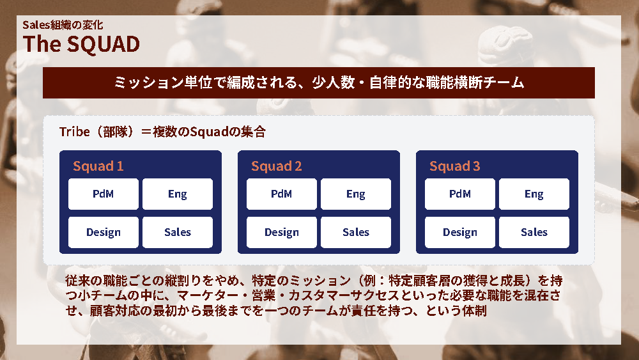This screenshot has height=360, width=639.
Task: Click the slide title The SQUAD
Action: (x=81, y=44)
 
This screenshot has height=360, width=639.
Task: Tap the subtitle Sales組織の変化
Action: (x=63, y=25)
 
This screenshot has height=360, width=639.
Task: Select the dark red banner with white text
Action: (x=319, y=82)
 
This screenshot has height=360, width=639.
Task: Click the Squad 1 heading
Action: (x=98, y=166)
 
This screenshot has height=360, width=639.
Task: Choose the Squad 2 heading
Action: (x=276, y=166)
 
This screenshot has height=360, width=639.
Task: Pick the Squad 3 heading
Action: (x=455, y=166)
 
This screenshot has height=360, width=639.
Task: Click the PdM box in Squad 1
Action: (x=104, y=194)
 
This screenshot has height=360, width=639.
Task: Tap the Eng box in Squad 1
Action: (x=178, y=194)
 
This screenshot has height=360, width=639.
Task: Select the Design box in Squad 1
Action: (x=104, y=232)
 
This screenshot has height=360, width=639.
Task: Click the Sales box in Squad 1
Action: (x=178, y=232)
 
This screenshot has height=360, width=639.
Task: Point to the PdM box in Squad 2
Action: (x=282, y=194)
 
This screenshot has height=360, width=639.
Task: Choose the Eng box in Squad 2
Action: (x=356, y=194)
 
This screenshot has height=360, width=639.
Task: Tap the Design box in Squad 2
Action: (x=282, y=232)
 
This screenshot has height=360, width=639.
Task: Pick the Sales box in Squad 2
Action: (x=356, y=232)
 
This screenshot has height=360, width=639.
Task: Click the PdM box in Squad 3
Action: (x=460, y=194)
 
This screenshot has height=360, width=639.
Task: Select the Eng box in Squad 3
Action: (x=534, y=194)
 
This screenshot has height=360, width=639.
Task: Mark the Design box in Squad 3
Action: (x=460, y=232)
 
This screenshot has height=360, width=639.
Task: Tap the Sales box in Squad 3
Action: (x=534, y=232)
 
